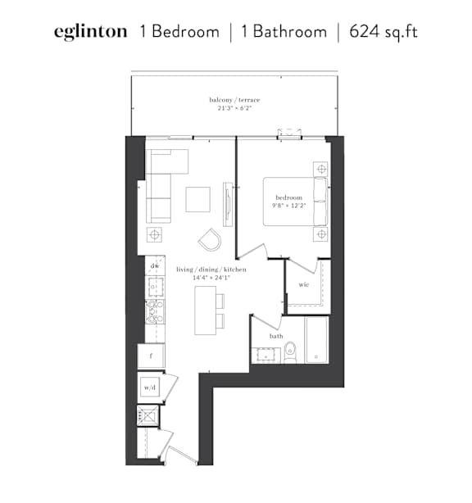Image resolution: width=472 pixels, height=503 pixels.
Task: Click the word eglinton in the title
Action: [x=90, y=32]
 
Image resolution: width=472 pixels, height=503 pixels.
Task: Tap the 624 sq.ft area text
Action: [x=383, y=32]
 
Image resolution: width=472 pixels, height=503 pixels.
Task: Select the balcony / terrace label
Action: [x=234, y=100]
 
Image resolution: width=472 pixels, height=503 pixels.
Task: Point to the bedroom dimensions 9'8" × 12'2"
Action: [x=288, y=206]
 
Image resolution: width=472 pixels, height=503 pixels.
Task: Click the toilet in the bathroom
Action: [x=291, y=352]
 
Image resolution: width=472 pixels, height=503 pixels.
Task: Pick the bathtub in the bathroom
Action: [x=316, y=340]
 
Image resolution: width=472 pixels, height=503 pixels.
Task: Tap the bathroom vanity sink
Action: [x=266, y=356]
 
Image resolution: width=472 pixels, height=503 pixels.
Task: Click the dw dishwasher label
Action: [x=155, y=266]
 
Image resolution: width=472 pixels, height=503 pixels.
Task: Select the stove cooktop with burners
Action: [x=155, y=311]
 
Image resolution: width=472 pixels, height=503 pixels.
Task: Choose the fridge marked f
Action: [x=151, y=356]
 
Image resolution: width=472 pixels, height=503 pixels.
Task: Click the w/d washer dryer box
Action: [x=150, y=387]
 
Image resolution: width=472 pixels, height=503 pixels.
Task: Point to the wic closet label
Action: [x=303, y=284]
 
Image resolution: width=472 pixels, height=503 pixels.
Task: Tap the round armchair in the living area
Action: [x=210, y=239]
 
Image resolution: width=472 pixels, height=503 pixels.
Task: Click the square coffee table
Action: [x=198, y=200]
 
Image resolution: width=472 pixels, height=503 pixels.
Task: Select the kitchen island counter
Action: [x=206, y=310]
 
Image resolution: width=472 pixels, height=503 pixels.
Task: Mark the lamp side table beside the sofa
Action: [x=154, y=234]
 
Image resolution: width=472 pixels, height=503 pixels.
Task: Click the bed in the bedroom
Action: [x=296, y=202]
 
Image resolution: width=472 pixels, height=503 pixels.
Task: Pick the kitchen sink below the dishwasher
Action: [x=156, y=287]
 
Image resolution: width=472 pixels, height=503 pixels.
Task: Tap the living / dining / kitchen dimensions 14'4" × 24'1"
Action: [x=211, y=278]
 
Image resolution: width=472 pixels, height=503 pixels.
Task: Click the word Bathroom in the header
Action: [x=290, y=32]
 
